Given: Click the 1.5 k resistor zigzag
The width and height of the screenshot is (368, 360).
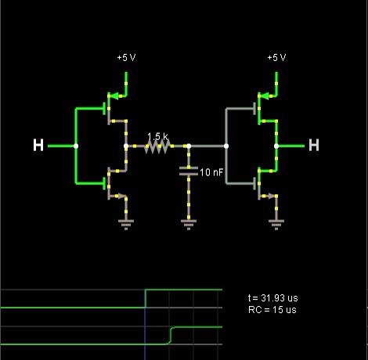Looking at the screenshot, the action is click(157, 146).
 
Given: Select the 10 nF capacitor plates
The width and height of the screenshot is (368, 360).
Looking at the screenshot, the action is click(189, 171).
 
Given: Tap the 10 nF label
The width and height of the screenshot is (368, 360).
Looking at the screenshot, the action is click(211, 172).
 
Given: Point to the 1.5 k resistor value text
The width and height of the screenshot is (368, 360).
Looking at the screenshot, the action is click(157, 136).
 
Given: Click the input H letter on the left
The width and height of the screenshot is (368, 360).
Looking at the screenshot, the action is click(38, 145).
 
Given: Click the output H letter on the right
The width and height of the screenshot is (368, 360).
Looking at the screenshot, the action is click(314, 145).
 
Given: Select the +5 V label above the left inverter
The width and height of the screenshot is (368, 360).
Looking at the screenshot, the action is click(127, 57).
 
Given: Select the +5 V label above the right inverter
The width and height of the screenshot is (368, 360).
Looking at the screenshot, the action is click(276, 57).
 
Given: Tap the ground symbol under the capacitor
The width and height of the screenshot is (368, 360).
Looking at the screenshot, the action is click(189, 225).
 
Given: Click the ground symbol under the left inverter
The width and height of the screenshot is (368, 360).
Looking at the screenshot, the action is click(126, 225).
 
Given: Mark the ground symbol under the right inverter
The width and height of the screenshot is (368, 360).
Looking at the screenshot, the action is click(276, 225).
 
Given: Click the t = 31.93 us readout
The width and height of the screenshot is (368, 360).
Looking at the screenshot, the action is click(272, 298).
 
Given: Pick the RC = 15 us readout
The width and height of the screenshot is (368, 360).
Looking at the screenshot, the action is click(272, 310).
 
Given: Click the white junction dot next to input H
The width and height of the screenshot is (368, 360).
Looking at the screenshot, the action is click(76, 146).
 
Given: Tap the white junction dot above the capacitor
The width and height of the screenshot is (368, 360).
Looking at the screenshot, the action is click(189, 146).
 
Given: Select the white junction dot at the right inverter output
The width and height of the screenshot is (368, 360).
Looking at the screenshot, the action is click(276, 146).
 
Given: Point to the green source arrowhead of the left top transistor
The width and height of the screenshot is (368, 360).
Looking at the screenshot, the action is click(113, 96).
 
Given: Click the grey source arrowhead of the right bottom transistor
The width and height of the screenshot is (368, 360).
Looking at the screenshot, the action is click(272, 196).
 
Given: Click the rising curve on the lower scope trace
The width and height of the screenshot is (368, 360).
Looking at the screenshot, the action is click(171, 335).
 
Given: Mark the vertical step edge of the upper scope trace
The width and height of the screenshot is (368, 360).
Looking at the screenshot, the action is click(145, 299).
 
